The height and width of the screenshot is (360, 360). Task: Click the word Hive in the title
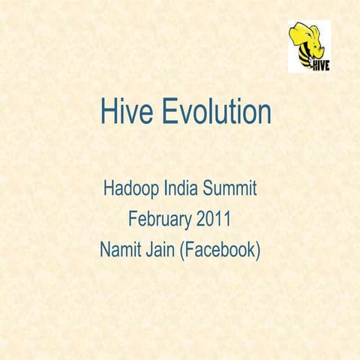point(123,113)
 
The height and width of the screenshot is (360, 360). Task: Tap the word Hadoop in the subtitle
point(130,188)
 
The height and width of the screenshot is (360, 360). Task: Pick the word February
point(159,220)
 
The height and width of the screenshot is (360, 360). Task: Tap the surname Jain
point(163,250)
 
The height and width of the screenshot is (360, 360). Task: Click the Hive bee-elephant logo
point(309,46)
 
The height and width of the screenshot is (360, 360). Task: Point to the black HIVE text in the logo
point(320,64)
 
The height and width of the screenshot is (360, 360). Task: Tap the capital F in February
point(133,219)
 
